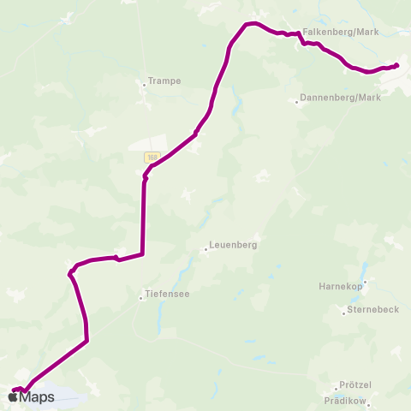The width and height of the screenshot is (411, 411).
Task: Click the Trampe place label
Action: [x=163, y=81]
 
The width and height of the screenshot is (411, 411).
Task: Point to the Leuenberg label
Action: [x=234, y=244]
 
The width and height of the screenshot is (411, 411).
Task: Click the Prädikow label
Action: [x=347, y=400]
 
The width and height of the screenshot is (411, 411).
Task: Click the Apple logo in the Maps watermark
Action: [x=14, y=396]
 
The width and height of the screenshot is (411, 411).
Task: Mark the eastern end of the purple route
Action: [x=396, y=64]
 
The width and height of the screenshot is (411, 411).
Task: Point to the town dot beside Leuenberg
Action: [x=205, y=250]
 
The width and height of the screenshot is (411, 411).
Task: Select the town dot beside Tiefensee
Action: [x=141, y=298]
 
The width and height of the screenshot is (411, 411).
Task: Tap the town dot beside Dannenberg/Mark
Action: [x=297, y=102]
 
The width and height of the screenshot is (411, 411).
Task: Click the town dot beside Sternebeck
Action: [x=343, y=313]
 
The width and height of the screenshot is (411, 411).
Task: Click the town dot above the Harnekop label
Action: [x=365, y=280]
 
